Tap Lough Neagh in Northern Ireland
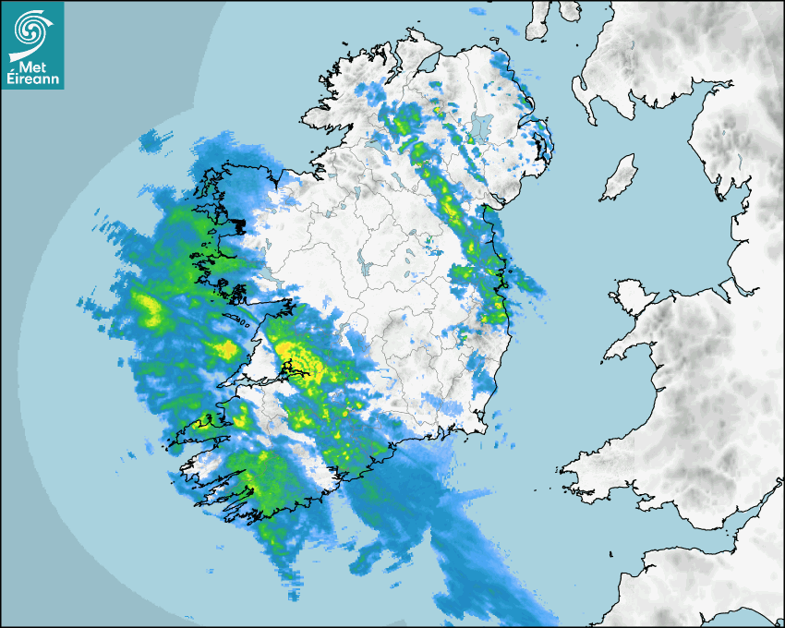pos(481,127)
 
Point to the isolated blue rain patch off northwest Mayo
pos(155,140)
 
